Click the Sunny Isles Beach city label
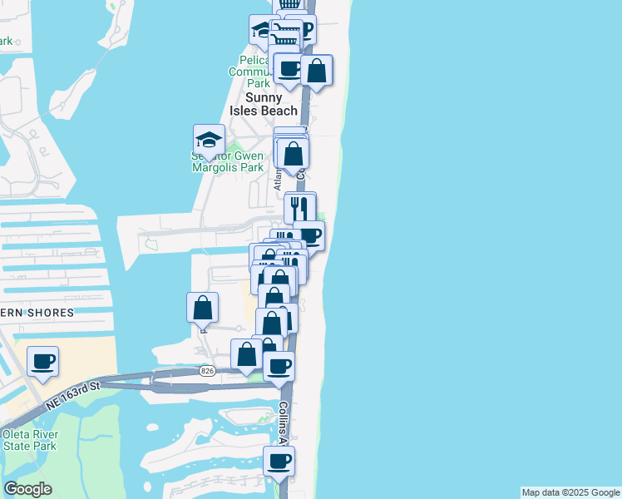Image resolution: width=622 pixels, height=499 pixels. [264, 104]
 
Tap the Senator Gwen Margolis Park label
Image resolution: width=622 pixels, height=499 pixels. [229, 161]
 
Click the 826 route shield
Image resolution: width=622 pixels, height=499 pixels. [207, 371]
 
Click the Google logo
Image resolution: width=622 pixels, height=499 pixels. [27, 489]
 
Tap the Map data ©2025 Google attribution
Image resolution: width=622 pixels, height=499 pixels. [570, 492]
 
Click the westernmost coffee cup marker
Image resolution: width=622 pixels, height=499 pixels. [42, 362]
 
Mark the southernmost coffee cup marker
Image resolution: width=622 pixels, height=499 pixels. [279, 461]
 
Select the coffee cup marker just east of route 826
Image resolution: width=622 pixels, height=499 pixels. [279, 365]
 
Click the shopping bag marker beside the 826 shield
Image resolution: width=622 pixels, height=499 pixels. [247, 354]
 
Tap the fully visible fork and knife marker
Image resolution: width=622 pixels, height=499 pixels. [300, 207]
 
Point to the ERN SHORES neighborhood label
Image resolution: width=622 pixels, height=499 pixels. [37, 313]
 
